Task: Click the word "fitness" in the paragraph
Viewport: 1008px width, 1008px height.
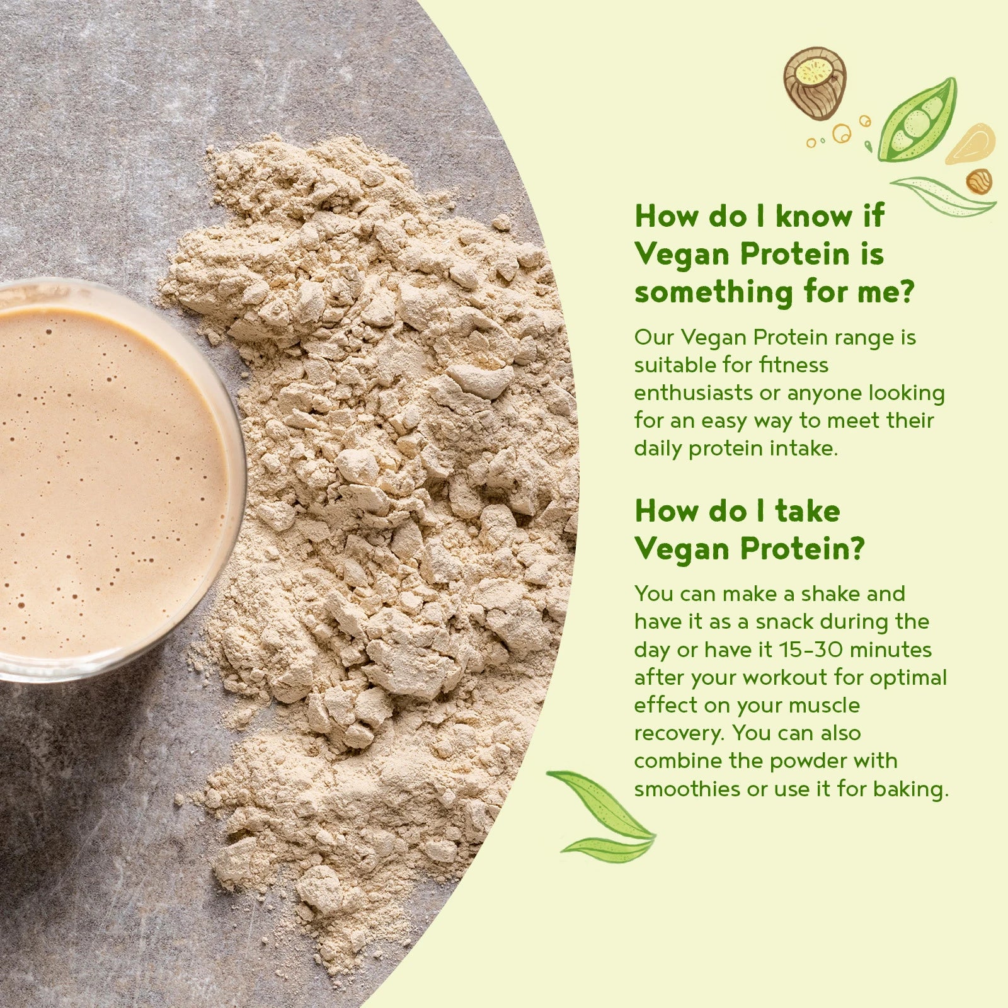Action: [x=794, y=365]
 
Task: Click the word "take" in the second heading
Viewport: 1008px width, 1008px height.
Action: [x=808, y=510]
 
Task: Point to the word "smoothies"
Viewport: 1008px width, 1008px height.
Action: [x=687, y=789]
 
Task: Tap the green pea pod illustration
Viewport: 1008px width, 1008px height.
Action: [x=917, y=121]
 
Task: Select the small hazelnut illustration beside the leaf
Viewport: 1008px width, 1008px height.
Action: [x=978, y=181]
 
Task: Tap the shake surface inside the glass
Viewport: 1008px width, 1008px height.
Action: [x=107, y=479]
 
